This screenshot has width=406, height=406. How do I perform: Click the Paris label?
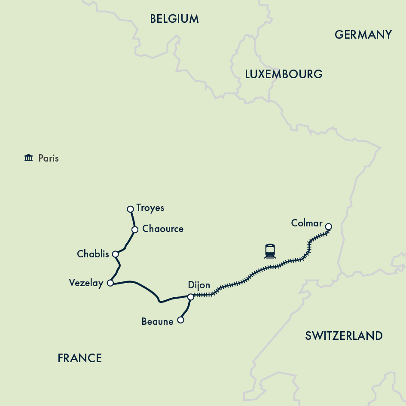48,158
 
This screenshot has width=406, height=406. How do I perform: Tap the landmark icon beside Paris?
29,158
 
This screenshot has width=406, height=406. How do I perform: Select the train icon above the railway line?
270,251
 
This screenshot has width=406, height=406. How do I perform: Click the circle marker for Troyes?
131,209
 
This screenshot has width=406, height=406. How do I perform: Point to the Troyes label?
150,208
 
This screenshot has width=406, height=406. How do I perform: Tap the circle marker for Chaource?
134,229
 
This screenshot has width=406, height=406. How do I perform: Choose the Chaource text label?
162,229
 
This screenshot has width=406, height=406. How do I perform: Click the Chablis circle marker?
115,254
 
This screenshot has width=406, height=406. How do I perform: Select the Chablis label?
93,254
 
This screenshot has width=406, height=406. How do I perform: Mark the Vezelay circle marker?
110,283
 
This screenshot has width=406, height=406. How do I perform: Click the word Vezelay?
86,283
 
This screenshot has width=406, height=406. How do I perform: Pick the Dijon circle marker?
191,296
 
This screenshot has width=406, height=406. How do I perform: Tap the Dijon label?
199,285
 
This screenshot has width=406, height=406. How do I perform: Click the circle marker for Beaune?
181,320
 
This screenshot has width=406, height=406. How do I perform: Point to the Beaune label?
157,321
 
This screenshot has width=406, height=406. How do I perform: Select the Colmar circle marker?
329,226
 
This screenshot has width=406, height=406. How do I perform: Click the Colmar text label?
306,223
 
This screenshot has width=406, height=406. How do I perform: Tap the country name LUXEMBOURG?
284,74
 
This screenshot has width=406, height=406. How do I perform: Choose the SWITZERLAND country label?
344,336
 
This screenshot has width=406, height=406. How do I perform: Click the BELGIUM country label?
174,19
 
